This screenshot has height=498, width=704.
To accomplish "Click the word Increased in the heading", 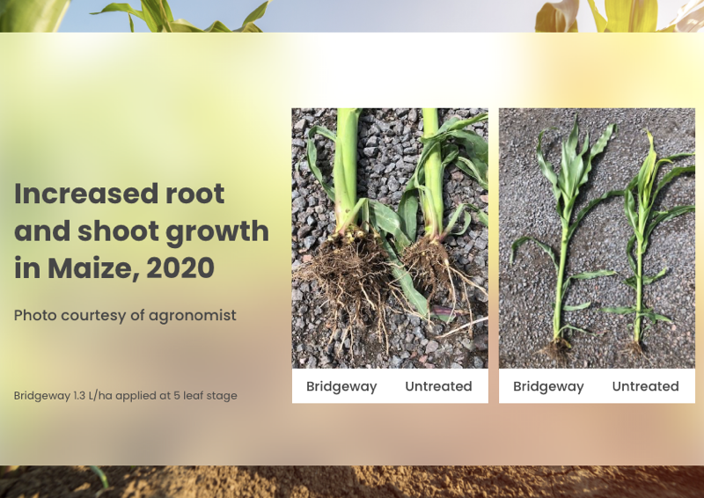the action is click(x=86, y=194).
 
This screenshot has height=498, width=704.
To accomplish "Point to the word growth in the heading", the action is click(x=217, y=232).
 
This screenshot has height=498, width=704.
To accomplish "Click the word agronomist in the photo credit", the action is click(x=193, y=316).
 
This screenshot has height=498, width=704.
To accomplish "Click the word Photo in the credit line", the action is click(x=35, y=315).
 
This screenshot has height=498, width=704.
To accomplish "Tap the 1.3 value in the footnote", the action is click(x=79, y=396).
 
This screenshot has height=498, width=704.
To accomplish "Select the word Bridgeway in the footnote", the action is click(x=42, y=397).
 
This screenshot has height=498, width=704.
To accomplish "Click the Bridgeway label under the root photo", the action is click(x=341, y=387).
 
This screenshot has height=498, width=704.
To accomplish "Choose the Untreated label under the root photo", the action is click(x=438, y=386).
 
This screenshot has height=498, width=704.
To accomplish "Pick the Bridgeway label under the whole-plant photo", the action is click(x=548, y=387).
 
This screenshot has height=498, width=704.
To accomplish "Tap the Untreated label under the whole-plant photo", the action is click(x=646, y=386).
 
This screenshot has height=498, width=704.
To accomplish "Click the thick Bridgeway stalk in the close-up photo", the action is click(x=348, y=166).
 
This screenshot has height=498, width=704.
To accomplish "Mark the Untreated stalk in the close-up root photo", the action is click(x=433, y=171).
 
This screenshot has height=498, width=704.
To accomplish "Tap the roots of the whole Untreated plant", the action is click(x=634, y=348).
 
